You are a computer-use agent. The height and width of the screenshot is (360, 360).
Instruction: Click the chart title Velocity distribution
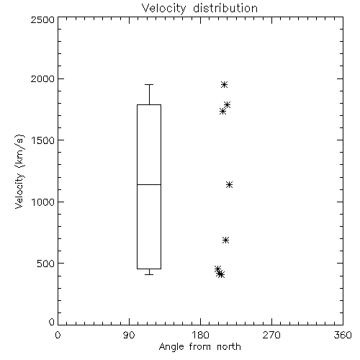(x=199, y=9)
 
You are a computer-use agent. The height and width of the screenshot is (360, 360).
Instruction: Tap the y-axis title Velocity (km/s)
(x=19, y=171)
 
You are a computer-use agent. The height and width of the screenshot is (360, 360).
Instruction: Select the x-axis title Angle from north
(x=200, y=346)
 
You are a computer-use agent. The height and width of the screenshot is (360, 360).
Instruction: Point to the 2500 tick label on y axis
(x=42, y=19)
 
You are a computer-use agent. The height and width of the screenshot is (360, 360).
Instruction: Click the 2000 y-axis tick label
(x=42, y=78)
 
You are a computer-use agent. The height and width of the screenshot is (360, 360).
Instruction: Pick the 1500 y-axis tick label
(x=43, y=140)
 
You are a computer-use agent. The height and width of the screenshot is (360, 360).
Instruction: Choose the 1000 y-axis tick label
(x=43, y=202)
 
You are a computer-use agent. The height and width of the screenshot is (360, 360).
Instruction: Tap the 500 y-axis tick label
(x=46, y=264)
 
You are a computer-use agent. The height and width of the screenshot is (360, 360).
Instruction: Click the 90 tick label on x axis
(x=129, y=335)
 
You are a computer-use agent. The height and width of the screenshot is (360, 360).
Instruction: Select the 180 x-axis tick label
(x=200, y=335)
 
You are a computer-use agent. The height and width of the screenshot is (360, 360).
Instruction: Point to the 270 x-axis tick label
(x=271, y=335)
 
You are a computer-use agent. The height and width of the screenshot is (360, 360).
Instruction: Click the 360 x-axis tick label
(x=343, y=335)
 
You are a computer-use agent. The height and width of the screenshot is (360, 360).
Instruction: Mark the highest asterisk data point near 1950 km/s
(x=224, y=84)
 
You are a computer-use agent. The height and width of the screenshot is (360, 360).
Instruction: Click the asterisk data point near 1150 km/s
(x=229, y=184)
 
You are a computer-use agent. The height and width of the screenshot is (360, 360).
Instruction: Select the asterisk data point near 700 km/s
(x=225, y=240)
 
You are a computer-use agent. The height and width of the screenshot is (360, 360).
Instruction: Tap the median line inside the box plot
(x=149, y=184)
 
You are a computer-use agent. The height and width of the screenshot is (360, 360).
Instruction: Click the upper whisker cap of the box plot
(x=149, y=84)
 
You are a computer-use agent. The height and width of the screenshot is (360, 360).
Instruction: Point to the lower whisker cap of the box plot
(x=149, y=274)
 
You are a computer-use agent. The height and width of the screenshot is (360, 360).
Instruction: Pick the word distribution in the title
(x=225, y=9)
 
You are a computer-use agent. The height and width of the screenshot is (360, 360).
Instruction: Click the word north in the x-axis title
(x=229, y=346)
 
